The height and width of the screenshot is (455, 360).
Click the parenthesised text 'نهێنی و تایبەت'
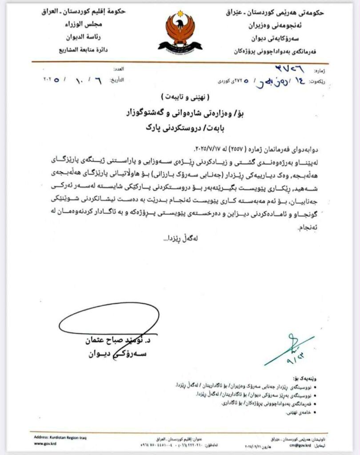(180, 96)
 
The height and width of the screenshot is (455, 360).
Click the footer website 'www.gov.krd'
(44, 443)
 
